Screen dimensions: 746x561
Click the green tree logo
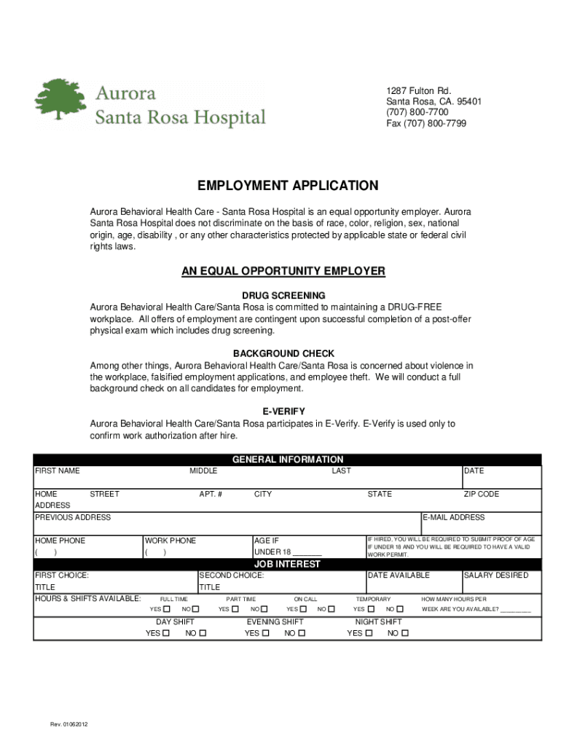(x=61, y=100)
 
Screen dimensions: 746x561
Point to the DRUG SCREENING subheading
(x=283, y=295)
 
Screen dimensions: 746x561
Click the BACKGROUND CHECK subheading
(x=283, y=353)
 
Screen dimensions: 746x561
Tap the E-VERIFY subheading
(x=283, y=412)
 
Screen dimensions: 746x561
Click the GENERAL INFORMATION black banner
(x=287, y=460)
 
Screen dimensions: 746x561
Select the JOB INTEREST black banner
(x=287, y=565)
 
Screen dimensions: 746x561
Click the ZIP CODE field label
(x=482, y=494)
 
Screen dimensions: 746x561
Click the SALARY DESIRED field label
(x=496, y=576)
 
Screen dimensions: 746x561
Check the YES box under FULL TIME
(x=167, y=609)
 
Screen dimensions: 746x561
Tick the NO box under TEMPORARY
(x=401, y=609)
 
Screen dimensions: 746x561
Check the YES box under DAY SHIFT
(x=165, y=633)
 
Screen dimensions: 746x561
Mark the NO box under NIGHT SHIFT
(x=406, y=633)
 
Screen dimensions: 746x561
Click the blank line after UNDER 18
(x=307, y=552)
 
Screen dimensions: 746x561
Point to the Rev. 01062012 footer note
(x=69, y=725)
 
